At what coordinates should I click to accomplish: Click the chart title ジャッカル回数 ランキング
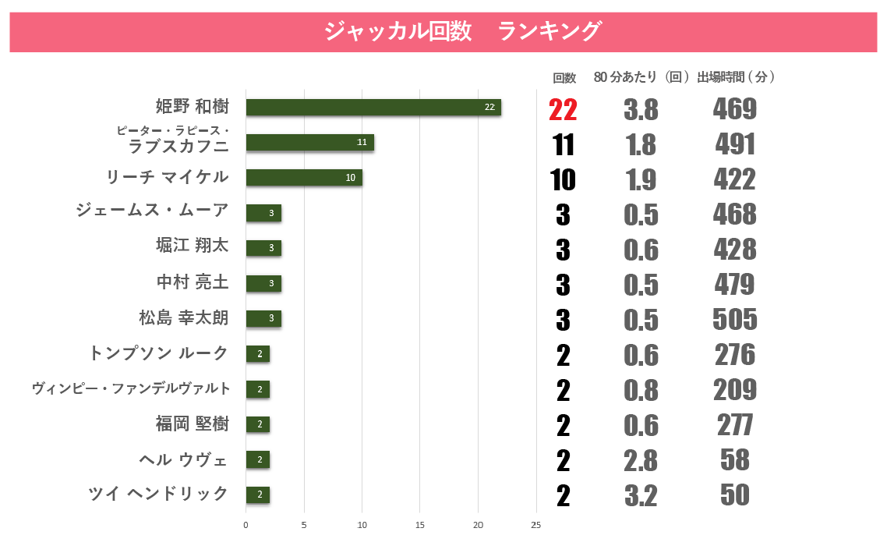coord(462,31)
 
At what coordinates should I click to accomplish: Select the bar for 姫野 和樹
coord(373,107)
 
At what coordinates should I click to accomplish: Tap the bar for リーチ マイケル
coord(303,177)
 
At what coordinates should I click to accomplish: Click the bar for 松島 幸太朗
coord(263,318)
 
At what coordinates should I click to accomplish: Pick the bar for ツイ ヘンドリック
coord(257,495)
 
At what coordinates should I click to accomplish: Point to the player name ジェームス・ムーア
coord(152,211)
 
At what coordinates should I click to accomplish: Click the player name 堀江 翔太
coord(192,246)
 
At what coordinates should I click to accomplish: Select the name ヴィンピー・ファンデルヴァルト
coord(131,388)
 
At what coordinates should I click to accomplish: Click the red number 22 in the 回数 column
coord(563,110)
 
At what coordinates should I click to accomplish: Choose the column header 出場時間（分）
coord(735,77)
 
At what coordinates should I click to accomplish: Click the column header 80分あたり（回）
coord(641,77)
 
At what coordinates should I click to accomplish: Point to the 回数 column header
coord(564,77)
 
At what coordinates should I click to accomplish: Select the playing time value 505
coord(734,319)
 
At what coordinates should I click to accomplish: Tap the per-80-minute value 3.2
coord(641,496)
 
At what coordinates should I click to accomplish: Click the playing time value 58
coord(734,460)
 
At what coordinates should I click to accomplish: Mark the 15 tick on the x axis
coord(420,525)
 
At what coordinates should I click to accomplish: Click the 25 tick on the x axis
coord(536,525)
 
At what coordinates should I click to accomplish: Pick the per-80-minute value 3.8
coord(641,110)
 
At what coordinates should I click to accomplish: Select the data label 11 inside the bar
coord(362,142)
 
